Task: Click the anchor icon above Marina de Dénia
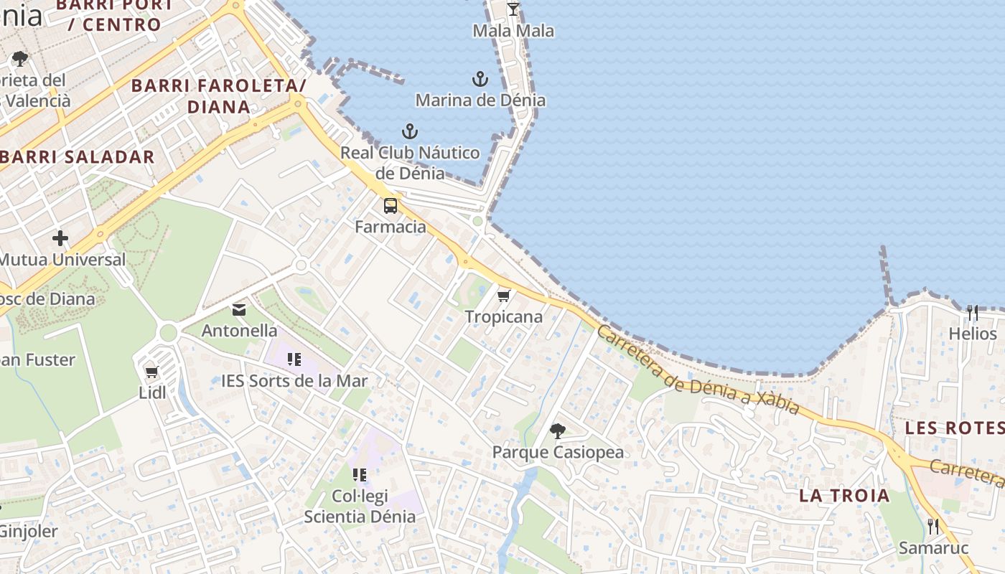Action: (480, 79)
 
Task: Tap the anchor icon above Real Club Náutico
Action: (409, 131)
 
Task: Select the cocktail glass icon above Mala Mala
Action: (513, 9)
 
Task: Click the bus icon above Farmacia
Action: (391, 206)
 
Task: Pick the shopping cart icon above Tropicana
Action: (504, 296)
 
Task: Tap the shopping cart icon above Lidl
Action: (151, 372)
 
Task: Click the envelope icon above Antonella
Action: (239, 310)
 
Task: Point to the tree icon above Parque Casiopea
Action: (557, 431)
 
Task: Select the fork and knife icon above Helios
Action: (973, 313)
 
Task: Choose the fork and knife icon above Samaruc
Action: (933, 527)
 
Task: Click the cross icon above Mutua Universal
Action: (60, 238)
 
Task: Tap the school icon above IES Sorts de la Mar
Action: (294, 359)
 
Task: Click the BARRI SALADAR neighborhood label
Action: (78, 157)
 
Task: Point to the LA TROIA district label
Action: (844, 495)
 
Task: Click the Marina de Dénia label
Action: (480, 100)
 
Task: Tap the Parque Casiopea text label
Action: (558, 452)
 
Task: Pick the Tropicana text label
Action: (504, 316)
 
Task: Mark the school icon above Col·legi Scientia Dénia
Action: (360, 474)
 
